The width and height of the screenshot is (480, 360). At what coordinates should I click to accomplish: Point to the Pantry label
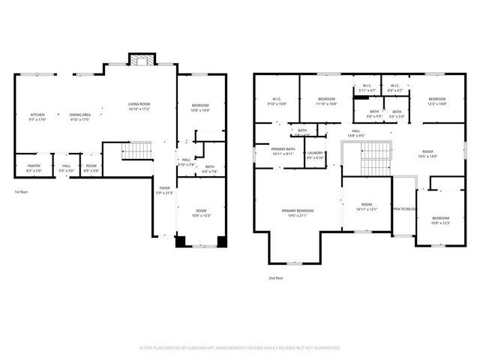coord(34,167)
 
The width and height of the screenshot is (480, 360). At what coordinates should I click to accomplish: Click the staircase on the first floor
coord(136,152)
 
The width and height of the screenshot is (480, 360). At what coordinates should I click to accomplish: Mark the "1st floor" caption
coord(22,192)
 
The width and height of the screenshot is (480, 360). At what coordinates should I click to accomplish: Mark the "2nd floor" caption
coord(276,277)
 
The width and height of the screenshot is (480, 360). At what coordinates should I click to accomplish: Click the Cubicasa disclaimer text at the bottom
coord(240,348)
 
